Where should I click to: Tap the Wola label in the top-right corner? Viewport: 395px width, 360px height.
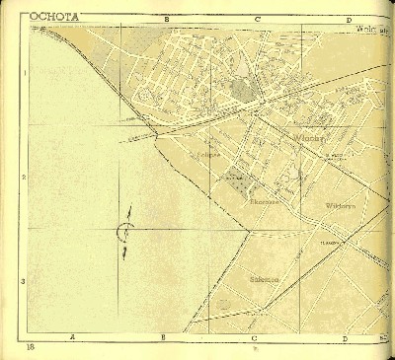(371, 29)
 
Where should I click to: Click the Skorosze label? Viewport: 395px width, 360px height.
(265, 202)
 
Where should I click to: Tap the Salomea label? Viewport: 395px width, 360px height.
(264, 279)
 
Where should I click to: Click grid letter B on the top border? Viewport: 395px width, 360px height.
(166, 19)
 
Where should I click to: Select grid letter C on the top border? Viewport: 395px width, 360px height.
(257, 19)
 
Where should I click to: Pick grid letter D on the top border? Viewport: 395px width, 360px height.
(349, 19)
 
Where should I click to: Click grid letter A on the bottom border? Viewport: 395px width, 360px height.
(73, 338)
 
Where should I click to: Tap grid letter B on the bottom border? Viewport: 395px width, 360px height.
(164, 338)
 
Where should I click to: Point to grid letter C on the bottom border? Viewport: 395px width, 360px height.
(256, 338)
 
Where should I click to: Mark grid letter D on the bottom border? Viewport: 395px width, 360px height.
(347, 338)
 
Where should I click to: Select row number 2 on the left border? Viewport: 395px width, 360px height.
(24, 178)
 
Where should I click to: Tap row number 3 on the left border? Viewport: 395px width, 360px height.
(24, 281)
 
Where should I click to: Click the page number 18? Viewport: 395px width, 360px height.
(32, 348)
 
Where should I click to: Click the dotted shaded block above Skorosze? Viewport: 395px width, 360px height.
(236, 179)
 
